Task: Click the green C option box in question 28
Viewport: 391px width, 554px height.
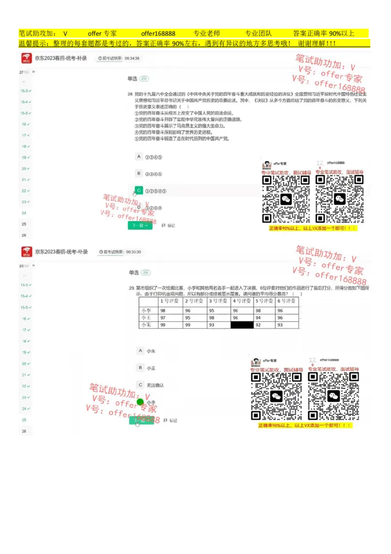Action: click(139, 190)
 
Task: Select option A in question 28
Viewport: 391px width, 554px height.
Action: click(139, 157)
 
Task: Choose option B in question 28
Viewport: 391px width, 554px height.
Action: click(139, 174)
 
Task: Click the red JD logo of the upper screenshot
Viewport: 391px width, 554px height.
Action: click(26, 59)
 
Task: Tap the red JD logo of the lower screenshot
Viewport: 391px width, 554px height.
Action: click(26, 252)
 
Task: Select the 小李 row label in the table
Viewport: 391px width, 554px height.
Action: click(146, 311)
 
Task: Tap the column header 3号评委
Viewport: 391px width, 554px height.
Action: click(218, 301)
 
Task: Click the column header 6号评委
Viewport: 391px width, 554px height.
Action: click(287, 301)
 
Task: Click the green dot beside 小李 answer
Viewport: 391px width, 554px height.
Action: click(140, 402)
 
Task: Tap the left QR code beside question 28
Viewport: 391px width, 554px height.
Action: click(286, 199)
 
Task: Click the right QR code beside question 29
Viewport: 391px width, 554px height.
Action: click(333, 395)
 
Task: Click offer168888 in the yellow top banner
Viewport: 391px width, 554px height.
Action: click(158, 34)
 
